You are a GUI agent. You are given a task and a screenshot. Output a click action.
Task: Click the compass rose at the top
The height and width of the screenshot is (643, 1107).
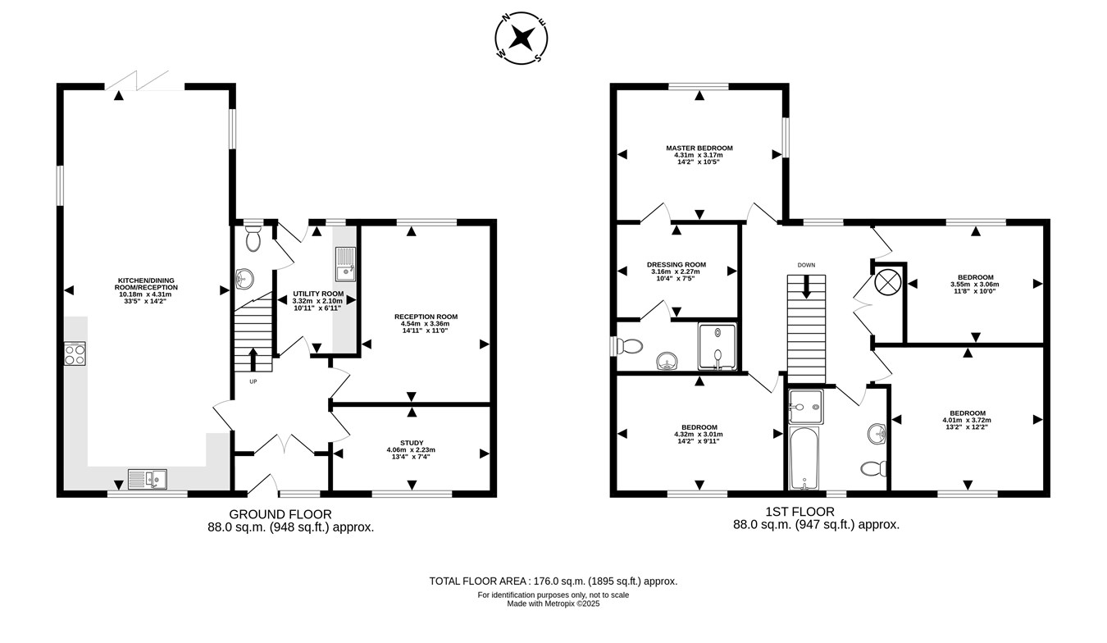pos(522,38)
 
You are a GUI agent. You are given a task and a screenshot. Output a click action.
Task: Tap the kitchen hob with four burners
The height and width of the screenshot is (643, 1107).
pos(75,353)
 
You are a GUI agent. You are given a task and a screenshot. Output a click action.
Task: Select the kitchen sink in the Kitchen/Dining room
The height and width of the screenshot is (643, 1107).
pos(148,479)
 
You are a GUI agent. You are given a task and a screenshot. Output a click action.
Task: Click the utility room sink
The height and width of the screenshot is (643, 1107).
pos(345,264)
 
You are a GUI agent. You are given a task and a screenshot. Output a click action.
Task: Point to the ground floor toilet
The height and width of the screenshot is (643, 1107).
pos(253,239)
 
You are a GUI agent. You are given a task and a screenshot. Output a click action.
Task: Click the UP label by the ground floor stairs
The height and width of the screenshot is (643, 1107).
pos(253,381)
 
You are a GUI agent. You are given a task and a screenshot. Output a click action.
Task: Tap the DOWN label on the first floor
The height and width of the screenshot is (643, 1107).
pos(806,265)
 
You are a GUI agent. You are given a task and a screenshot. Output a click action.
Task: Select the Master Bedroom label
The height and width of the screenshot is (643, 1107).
pos(699,148)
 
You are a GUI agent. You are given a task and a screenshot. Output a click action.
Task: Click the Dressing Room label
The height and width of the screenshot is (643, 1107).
pos(676,264)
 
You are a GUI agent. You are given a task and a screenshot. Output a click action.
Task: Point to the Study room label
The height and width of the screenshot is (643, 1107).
pos(412,443)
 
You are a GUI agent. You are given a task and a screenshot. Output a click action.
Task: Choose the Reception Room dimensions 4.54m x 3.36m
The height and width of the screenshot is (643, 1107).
pos(425,324)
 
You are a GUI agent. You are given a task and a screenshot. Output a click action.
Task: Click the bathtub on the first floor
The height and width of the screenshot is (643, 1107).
pos(804,458)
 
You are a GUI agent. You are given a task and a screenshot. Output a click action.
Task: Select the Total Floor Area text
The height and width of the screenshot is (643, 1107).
pos(553,581)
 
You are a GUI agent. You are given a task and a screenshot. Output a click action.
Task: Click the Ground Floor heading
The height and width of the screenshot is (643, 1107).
pos(280,514)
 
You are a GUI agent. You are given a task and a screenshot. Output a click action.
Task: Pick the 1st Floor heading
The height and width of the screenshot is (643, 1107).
pos(799,512)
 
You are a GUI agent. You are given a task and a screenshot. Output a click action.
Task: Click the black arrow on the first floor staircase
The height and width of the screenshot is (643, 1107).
pos(806,287)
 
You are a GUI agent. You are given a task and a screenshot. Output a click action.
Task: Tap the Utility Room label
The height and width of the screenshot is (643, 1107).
pos(318,294)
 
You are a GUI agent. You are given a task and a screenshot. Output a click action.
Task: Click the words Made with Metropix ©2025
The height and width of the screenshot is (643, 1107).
pos(553,604)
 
